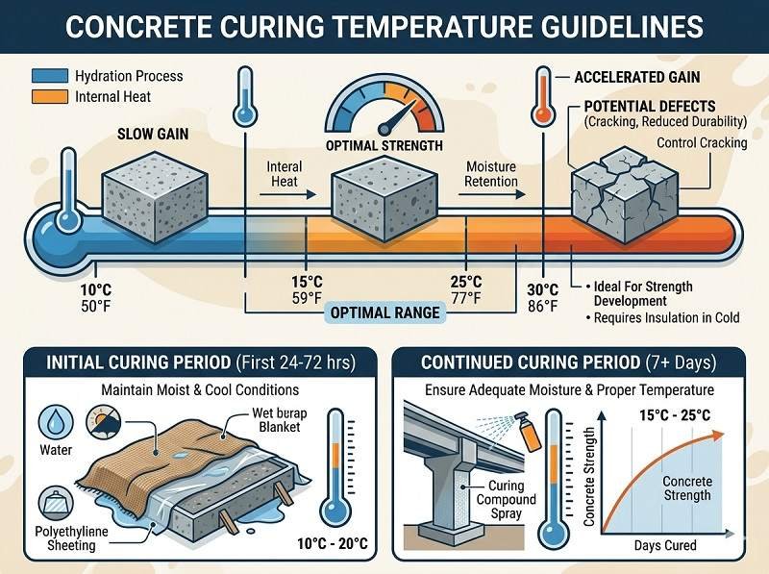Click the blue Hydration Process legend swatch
click(49, 76)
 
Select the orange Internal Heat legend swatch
click(49, 95)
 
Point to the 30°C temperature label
click(543, 289)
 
